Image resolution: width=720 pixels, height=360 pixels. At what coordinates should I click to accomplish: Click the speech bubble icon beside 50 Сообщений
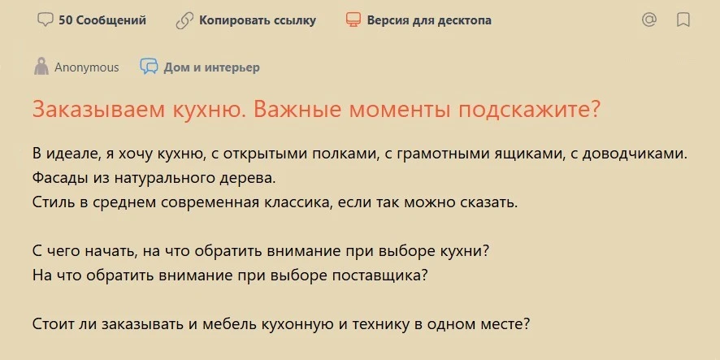coord(45,20)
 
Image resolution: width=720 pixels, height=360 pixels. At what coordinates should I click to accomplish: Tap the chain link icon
coord(184,20)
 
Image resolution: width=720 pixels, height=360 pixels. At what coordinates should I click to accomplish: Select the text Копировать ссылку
coord(258,20)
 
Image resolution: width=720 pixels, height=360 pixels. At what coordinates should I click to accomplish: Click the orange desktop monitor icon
coord(353,20)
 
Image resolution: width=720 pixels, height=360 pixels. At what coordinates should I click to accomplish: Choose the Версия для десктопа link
coord(429,20)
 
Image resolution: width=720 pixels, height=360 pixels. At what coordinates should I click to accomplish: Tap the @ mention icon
coord(648,20)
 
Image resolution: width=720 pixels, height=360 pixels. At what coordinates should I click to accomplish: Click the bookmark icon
coord(683,20)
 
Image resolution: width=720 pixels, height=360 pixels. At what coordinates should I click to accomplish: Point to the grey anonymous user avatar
coord(41,67)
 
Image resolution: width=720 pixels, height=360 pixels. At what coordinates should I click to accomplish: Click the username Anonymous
coord(87,67)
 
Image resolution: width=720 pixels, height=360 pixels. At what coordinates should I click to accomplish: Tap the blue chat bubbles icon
coord(150,67)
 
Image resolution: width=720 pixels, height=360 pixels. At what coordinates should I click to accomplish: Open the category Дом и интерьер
coord(211,68)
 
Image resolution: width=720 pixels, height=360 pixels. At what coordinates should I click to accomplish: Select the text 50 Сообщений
coord(102,20)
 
